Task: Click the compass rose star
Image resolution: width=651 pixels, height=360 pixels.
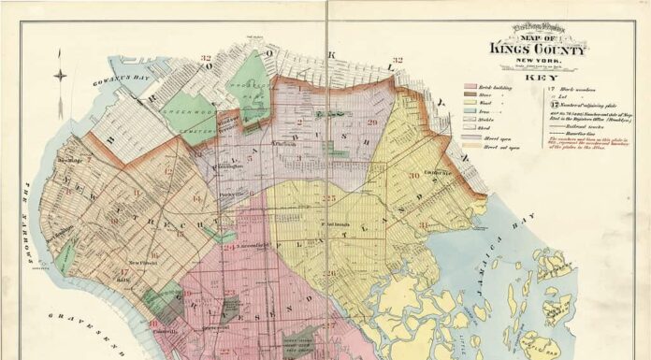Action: pos(60,77)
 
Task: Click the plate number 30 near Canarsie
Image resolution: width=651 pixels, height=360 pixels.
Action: pos(412,175)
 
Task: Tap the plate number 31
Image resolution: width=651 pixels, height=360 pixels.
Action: pos(424,224)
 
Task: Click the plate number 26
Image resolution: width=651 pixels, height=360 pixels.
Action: pos(333,273)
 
